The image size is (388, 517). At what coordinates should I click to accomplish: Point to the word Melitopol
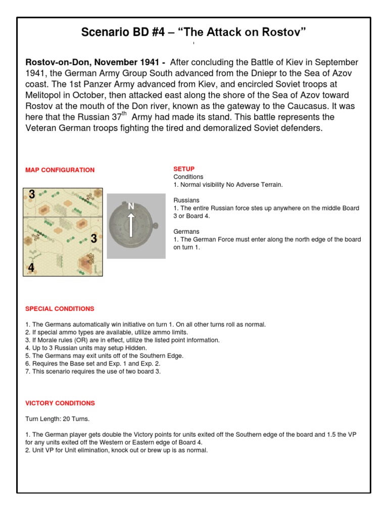[47, 95]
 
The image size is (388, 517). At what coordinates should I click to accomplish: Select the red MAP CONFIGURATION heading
[60, 170]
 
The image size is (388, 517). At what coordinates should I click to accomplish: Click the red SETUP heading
[184, 169]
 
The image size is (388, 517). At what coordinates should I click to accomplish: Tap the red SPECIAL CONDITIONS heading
[60, 308]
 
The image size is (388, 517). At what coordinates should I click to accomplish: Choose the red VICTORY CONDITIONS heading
[60, 403]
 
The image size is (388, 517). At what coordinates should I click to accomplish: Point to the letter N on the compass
[131, 206]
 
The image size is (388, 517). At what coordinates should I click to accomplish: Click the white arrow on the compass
[131, 224]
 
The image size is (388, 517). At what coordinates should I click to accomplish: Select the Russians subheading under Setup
[186, 200]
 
